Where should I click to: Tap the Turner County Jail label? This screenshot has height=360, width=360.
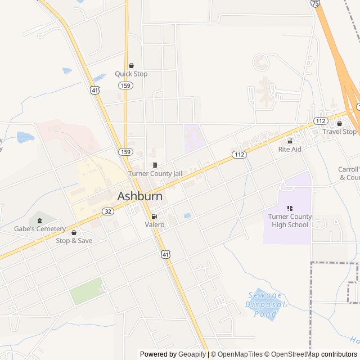pyautogui.click(x=155, y=174)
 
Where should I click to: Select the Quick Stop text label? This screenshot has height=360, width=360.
pyautogui.click(x=131, y=74)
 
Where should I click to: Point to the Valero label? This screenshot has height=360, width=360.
pyautogui.click(x=155, y=225)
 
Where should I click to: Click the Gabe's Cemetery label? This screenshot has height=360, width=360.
pyautogui.click(x=40, y=229)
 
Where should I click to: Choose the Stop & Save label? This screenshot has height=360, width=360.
pyautogui.click(x=74, y=241)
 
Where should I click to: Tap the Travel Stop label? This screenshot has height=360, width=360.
pyautogui.click(x=339, y=132)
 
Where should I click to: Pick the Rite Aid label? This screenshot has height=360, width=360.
pyautogui.click(x=290, y=149)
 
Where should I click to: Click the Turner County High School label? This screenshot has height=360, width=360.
pyautogui.click(x=288, y=220)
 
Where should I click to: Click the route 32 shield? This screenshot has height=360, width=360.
pyautogui.click(x=108, y=211)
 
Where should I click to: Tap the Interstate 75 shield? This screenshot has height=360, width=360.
pyautogui.click(x=315, y=3)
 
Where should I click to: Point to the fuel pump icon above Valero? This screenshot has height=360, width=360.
pyautogui.click(x=154, y=216)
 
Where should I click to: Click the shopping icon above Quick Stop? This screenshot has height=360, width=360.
pyautogui.click(x=132, y=65)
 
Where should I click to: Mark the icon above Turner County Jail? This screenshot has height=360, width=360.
pyautogui.click(x=155, y=165)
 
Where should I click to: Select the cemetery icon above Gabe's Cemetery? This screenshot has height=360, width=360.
pyautogui.click(x=39, y=220)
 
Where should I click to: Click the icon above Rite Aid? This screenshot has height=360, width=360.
pyautogui.click(x=290, y=141)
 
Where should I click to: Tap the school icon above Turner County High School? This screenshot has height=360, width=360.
pyautogui.click(x=290, y=208)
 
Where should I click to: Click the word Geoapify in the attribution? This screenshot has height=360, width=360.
pyautogui.click(x=192, y=354)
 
